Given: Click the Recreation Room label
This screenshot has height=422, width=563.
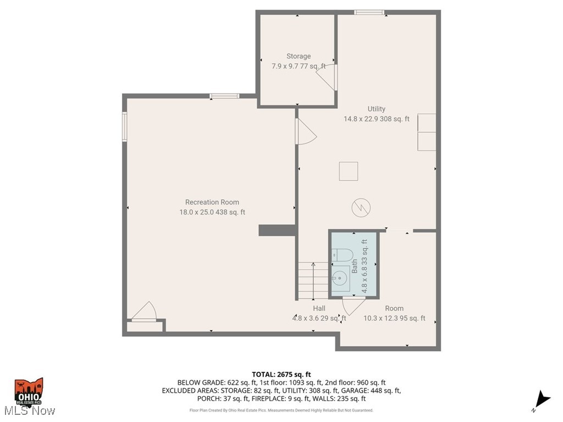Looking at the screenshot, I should pyautogui.click(x=212, y=202).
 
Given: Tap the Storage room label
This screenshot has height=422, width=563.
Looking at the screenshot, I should pyautogui.click(x=298, y=56).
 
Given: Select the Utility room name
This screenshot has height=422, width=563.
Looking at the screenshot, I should pyautogui.click(x=377, y=109).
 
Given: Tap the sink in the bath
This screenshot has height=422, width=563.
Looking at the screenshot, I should pyautogui.click(x=340, y=278).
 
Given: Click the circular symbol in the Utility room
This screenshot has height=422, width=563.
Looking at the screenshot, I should pyautogui.click(x=361, y=207).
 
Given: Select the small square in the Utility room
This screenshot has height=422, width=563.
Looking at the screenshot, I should pyautogui.click(x=349, y=171).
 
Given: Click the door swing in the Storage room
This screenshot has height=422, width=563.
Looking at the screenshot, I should pyautogui.click(x=327, y=77).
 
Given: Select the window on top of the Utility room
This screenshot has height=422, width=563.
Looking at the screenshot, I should pyautogui.click(x=368, y=12).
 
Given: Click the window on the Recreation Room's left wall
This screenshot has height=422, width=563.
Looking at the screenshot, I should pyautogui.click(x=125, y=126).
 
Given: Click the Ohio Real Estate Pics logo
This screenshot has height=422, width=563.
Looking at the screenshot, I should pyautogui.click(x=29, y=391).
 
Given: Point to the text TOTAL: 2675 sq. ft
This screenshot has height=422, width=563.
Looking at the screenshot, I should pyautogui.click(x=281, y=374).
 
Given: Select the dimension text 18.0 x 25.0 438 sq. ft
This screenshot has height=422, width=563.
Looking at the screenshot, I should pyautogui.click(x=212, y=212).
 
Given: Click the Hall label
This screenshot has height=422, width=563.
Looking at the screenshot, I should pyautogui.click(x=319, y=308).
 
